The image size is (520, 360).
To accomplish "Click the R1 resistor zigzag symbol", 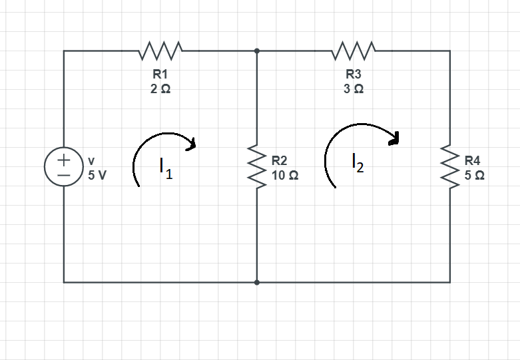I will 160,50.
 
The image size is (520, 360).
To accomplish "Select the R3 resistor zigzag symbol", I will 354,50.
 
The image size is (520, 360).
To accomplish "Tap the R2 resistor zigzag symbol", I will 257,166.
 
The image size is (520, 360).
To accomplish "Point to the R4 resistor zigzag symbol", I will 450,166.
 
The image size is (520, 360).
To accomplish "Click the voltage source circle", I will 64,166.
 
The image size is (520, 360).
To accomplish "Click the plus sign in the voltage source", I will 64,160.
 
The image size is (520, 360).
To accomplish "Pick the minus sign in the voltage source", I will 64,174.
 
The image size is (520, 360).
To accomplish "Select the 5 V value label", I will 97,176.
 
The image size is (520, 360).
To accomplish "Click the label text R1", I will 160,75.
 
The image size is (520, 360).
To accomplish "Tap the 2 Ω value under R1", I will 160,89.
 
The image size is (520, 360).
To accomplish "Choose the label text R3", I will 354,75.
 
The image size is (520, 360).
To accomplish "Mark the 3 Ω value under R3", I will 354,89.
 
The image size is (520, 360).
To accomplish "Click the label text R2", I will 279,160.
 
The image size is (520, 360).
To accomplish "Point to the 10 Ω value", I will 284,176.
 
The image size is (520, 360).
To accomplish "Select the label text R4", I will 472,160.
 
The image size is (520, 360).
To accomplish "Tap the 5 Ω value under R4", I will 474,176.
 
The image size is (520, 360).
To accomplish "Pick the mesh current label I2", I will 358,162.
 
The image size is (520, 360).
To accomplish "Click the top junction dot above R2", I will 257,50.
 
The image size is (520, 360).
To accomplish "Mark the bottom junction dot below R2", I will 257,282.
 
